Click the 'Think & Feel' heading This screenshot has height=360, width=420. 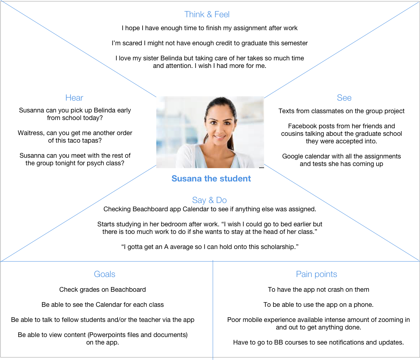pos(207,14)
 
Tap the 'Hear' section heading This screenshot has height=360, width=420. pos(74,98)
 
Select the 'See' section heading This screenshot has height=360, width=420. pos(344,98)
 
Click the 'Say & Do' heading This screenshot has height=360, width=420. pos(209,200)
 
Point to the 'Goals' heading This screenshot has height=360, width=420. pos(105,274)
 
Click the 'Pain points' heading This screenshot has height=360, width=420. pos(316,274)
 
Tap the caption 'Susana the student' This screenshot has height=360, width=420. pos(211,179)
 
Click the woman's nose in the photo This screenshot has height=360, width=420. pos(220,130)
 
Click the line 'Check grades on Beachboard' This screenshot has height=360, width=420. pos(103,290)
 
